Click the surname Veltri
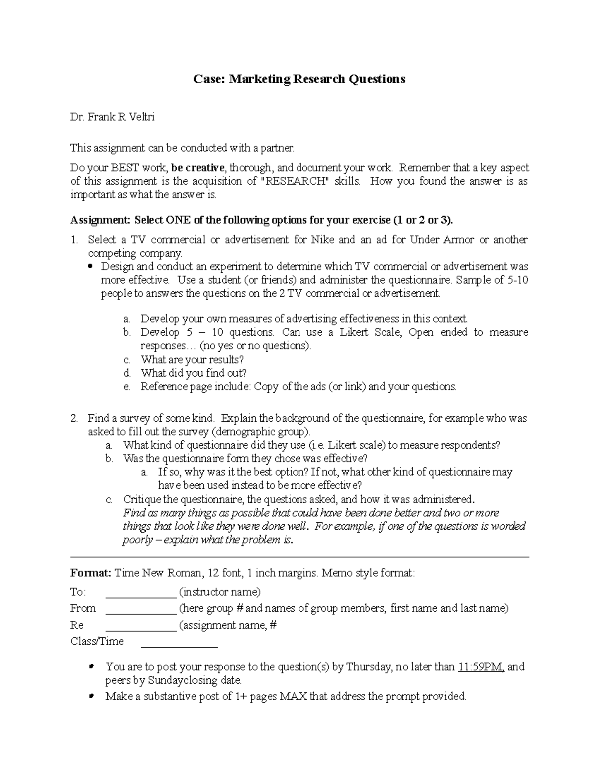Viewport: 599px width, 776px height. coord(142,117)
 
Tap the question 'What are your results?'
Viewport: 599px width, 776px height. coord(192,360)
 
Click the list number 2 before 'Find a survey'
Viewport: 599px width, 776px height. coord(74,418)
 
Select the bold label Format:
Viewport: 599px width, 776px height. coord(91,573)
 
